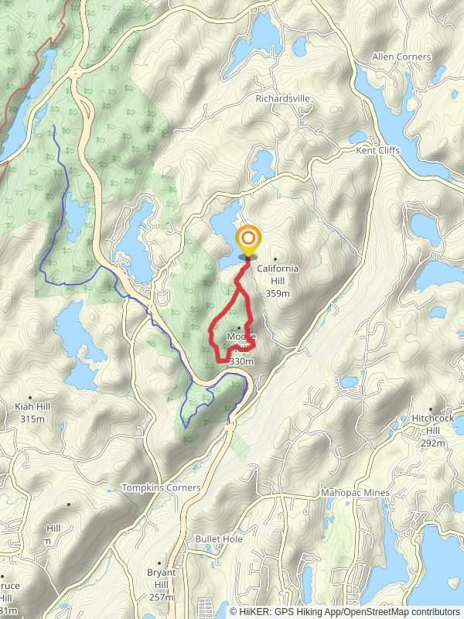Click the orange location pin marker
pos(248,240)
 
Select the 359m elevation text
pos(277,293)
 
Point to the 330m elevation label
pos(241,361)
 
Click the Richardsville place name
pos(282,99)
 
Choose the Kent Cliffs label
pos(377,150)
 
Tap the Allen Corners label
pos(403,57)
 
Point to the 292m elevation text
pos(433,443)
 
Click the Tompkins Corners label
pos(161,488)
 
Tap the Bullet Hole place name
pos(219,539)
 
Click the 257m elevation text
pos(160,598)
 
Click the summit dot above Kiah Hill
pos(29,395)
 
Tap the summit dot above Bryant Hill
pos(160,563)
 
